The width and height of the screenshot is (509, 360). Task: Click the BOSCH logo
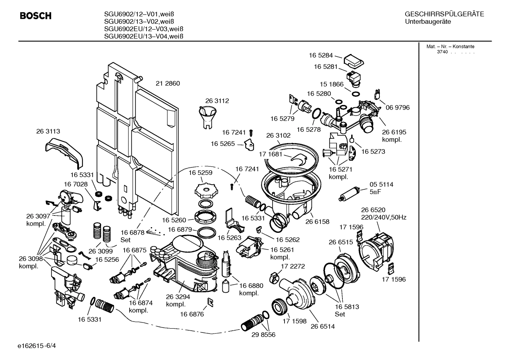click(x=35, y=16)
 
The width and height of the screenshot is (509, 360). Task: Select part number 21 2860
click(x=168, y=84)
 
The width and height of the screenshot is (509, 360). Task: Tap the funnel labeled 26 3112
click(x=207, y=117)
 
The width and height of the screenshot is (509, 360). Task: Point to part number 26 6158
click(x=317, y=222)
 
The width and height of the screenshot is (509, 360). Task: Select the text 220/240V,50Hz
click(x=383, y=218)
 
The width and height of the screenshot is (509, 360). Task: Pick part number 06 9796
click(x=397, y=107)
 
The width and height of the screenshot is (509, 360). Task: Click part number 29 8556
click(x=263, y=335)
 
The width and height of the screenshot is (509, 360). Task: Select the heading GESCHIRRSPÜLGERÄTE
click(x=444, y=14)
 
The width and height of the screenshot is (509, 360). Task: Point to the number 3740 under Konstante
click(x=442, y=52)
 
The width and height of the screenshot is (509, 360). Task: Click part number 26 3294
click(x=175, y=297)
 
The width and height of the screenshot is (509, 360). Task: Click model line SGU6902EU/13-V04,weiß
click(x=143, y=36)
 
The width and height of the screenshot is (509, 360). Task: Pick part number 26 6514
click(x=322, y=326)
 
